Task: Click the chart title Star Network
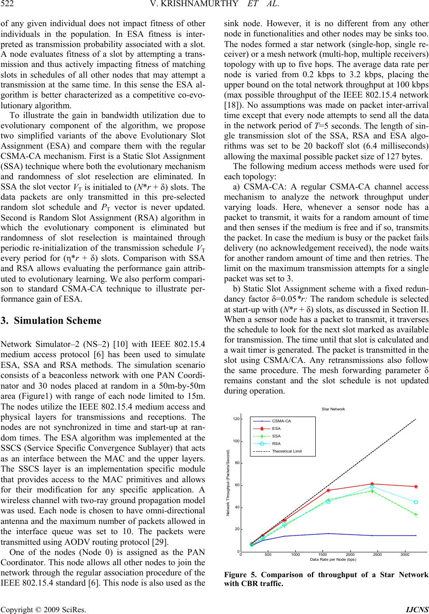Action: [x=333, y=409]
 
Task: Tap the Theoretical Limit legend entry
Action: [x=286, y=451]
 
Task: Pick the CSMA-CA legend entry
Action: [x=281, y=421]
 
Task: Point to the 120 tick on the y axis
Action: [x=236, y=419]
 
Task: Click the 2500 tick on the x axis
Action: [x=377, y=555]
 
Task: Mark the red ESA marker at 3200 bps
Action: [x=416, y=487]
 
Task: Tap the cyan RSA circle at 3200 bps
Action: [x=416, y=502]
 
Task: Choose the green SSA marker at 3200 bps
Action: [x=416, y=515]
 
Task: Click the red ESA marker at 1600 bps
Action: [x=328, y=490]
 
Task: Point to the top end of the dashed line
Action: [x=416, y=419]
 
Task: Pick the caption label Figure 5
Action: [x=240, y=575]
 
